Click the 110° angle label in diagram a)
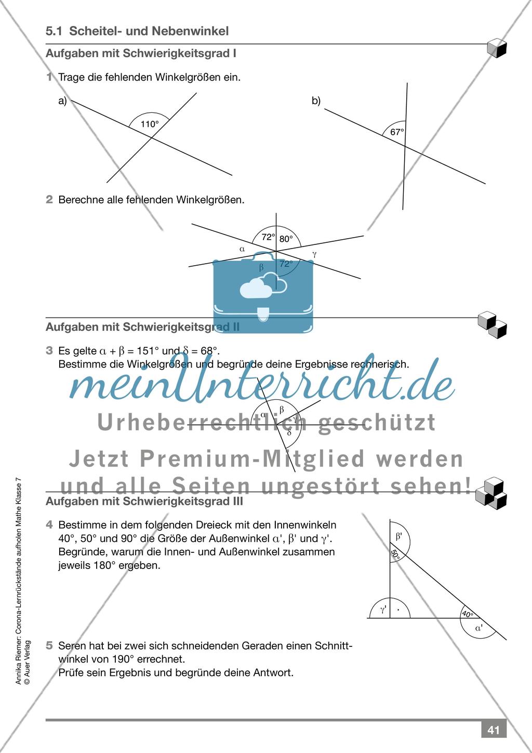[150, 124]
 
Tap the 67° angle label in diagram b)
[397, 132]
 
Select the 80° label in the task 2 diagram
[286, 239]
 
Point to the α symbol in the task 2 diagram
[242, 249]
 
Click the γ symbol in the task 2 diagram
[314, 254]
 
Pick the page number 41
[493, 730]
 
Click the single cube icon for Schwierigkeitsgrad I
[497, 48]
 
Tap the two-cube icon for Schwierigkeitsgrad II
[492, 324]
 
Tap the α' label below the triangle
[479, 628]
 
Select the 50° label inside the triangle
[395, 555]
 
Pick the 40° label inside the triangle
[467, 614]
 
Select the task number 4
[49, 525]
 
